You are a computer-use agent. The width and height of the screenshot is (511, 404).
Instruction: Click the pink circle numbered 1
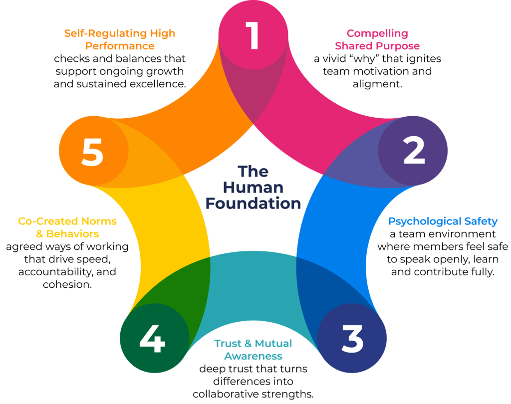pyautogui.click(x=254, y=35)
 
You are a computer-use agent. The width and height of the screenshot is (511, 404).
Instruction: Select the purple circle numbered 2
pyautogui.click(x=413, y=151)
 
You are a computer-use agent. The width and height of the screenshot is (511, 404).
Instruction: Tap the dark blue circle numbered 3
pyautogui.click(x=352, y=339)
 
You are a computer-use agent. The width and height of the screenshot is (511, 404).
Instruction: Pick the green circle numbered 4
pyautogui.click(x=153, y=339)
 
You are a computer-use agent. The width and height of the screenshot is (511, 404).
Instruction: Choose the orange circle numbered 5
pyautogui.click(x=93, y=152)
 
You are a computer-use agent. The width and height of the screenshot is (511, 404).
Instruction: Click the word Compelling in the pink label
pyautogui.click(x=377, y=34)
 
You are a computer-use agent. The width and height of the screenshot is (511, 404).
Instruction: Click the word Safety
pyautogui.click(x=480, y=221)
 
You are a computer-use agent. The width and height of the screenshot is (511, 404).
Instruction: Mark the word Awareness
pyautogui.click(x=254, y=356)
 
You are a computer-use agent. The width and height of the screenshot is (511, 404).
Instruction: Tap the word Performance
pyautogui.click(x=120, y=46)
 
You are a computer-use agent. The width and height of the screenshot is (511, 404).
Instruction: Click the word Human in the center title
pyautogui.click(x=254, y=188)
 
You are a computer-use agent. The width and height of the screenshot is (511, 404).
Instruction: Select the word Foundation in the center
pyautogui.click(x=254, y=203)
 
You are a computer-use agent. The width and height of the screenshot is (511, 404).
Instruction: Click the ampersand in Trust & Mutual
pyautogui.click(x=248, y=344)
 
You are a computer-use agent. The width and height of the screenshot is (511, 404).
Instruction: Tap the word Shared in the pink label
pyautogui.click(x=354, y=46)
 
